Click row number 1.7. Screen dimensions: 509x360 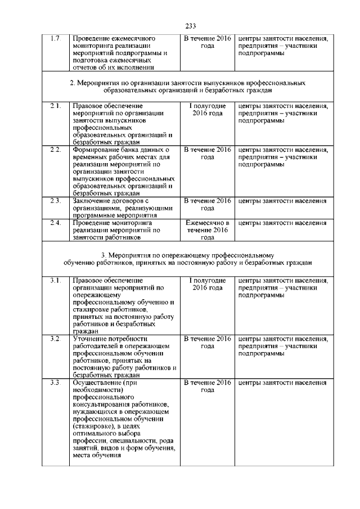point(55,39)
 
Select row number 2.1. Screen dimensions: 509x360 point(55,106)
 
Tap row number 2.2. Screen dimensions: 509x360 point(55,150)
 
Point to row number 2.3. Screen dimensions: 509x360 point(55,201)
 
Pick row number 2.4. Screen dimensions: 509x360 point(55,223)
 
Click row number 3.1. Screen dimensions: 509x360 point(55,280)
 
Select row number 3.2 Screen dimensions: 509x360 point(55,339)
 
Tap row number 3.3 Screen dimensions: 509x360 point(55,383)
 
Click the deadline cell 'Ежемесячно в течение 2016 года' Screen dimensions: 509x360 point(208,230)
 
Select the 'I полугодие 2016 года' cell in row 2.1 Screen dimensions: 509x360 point(208,110)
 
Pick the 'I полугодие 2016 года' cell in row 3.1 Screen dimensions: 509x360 point(208,284)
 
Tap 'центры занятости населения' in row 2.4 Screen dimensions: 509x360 point(282,223)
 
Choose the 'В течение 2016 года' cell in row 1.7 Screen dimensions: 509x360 point(208,42)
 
